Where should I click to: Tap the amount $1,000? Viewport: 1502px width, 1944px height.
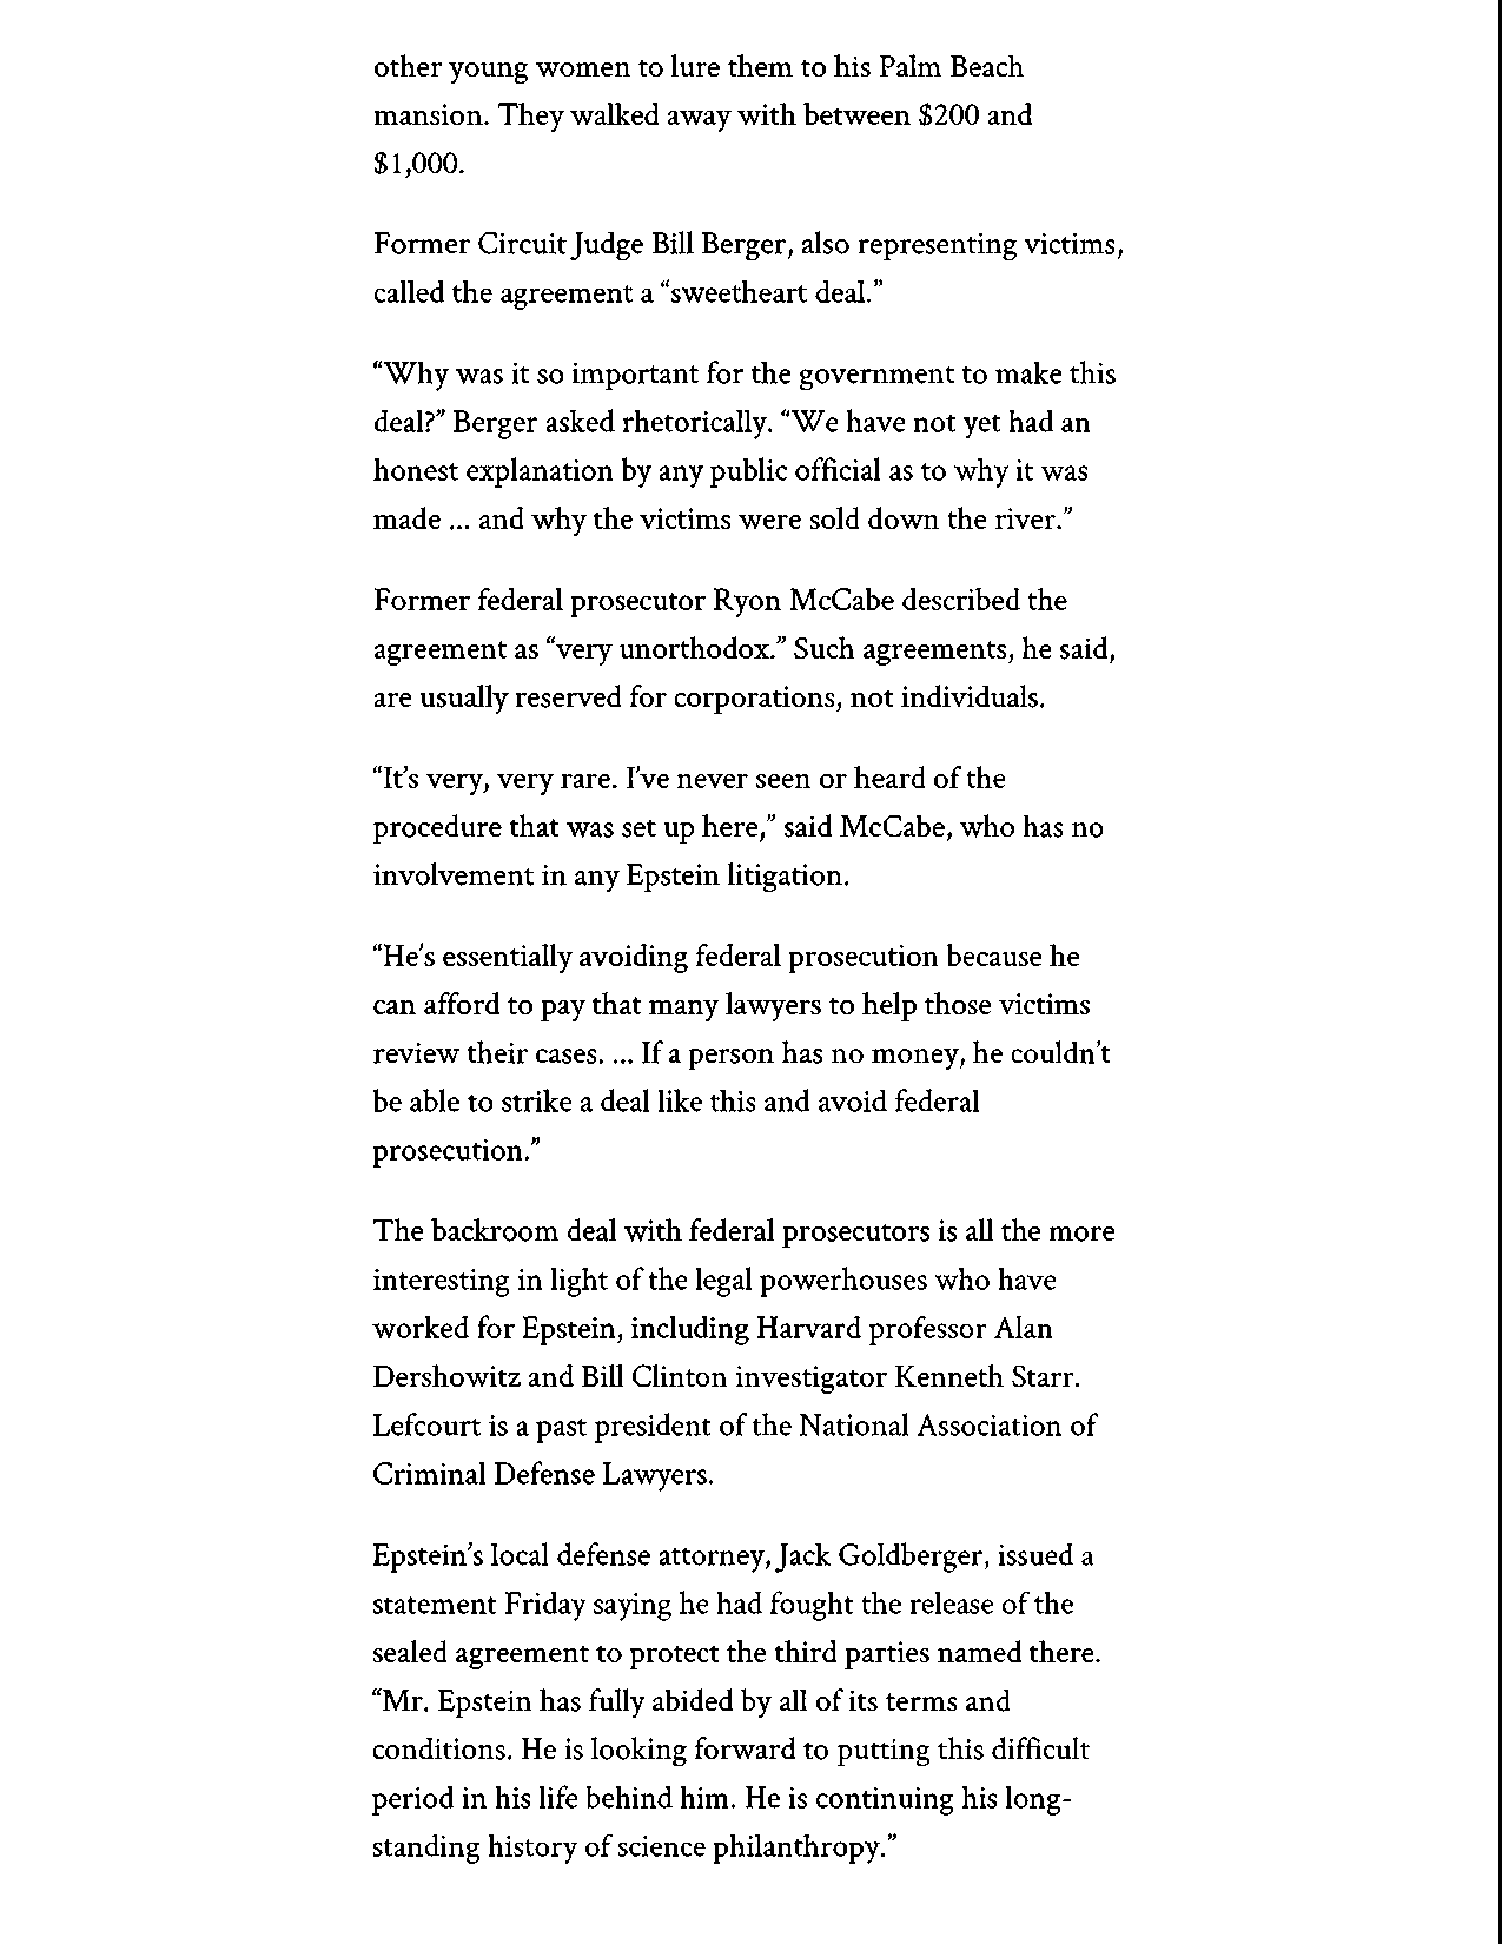418,164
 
